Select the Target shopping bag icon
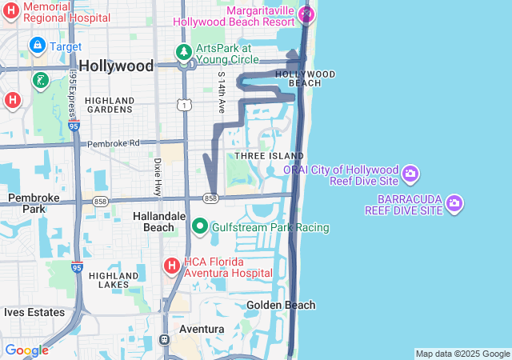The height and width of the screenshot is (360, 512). click(x=37, y=46)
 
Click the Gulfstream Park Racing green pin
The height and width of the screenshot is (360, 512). click(x=200, y=227)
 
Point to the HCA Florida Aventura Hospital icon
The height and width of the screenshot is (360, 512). click(x=171, y=266)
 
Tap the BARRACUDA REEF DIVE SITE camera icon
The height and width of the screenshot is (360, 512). click(x=455, y=203)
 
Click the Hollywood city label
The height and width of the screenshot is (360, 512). click(x=117, y=66)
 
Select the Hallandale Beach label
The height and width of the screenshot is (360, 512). click(x=153, y=222)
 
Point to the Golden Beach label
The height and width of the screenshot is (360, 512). click(x=281, y=305)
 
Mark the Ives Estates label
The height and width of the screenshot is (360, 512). click(x=30, y=311)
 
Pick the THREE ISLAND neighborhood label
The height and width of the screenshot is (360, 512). click(x=269, y=155)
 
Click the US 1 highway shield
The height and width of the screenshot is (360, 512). click(x=186, y=105)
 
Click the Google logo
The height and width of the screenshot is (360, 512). click(x=26, y=350)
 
